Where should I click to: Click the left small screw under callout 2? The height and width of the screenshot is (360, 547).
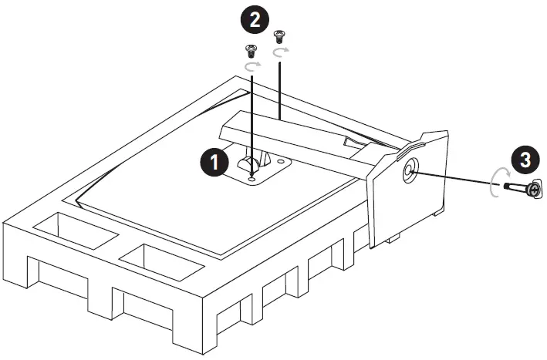249,52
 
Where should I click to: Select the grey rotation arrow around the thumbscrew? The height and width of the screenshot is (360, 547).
494,183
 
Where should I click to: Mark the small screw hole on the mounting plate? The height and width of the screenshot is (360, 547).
254,177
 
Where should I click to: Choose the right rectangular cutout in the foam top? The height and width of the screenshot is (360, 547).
161,261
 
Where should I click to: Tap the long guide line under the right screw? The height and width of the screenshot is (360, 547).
279,85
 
